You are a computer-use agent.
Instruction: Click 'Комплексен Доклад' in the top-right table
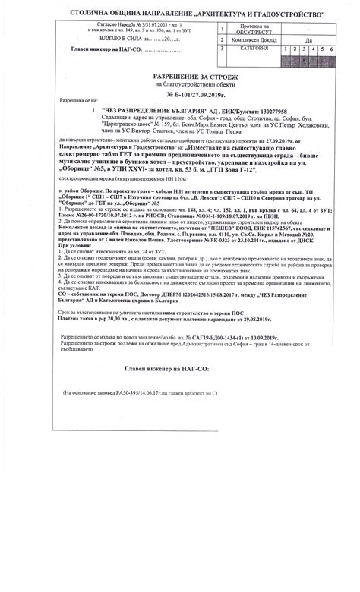tap(254, 38)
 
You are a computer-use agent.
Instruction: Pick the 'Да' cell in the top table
tap(308, 38)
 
